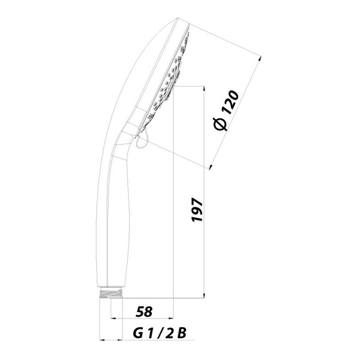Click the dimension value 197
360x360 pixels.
[197, 209]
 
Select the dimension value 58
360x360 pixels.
[144, 312]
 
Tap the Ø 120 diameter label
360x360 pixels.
[226, 110]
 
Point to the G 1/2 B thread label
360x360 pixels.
[160, 334]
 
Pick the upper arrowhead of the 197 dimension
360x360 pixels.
[204, 88]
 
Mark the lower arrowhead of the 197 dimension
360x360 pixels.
[204, 295]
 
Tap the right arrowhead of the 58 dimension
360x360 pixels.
[171, 318]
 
